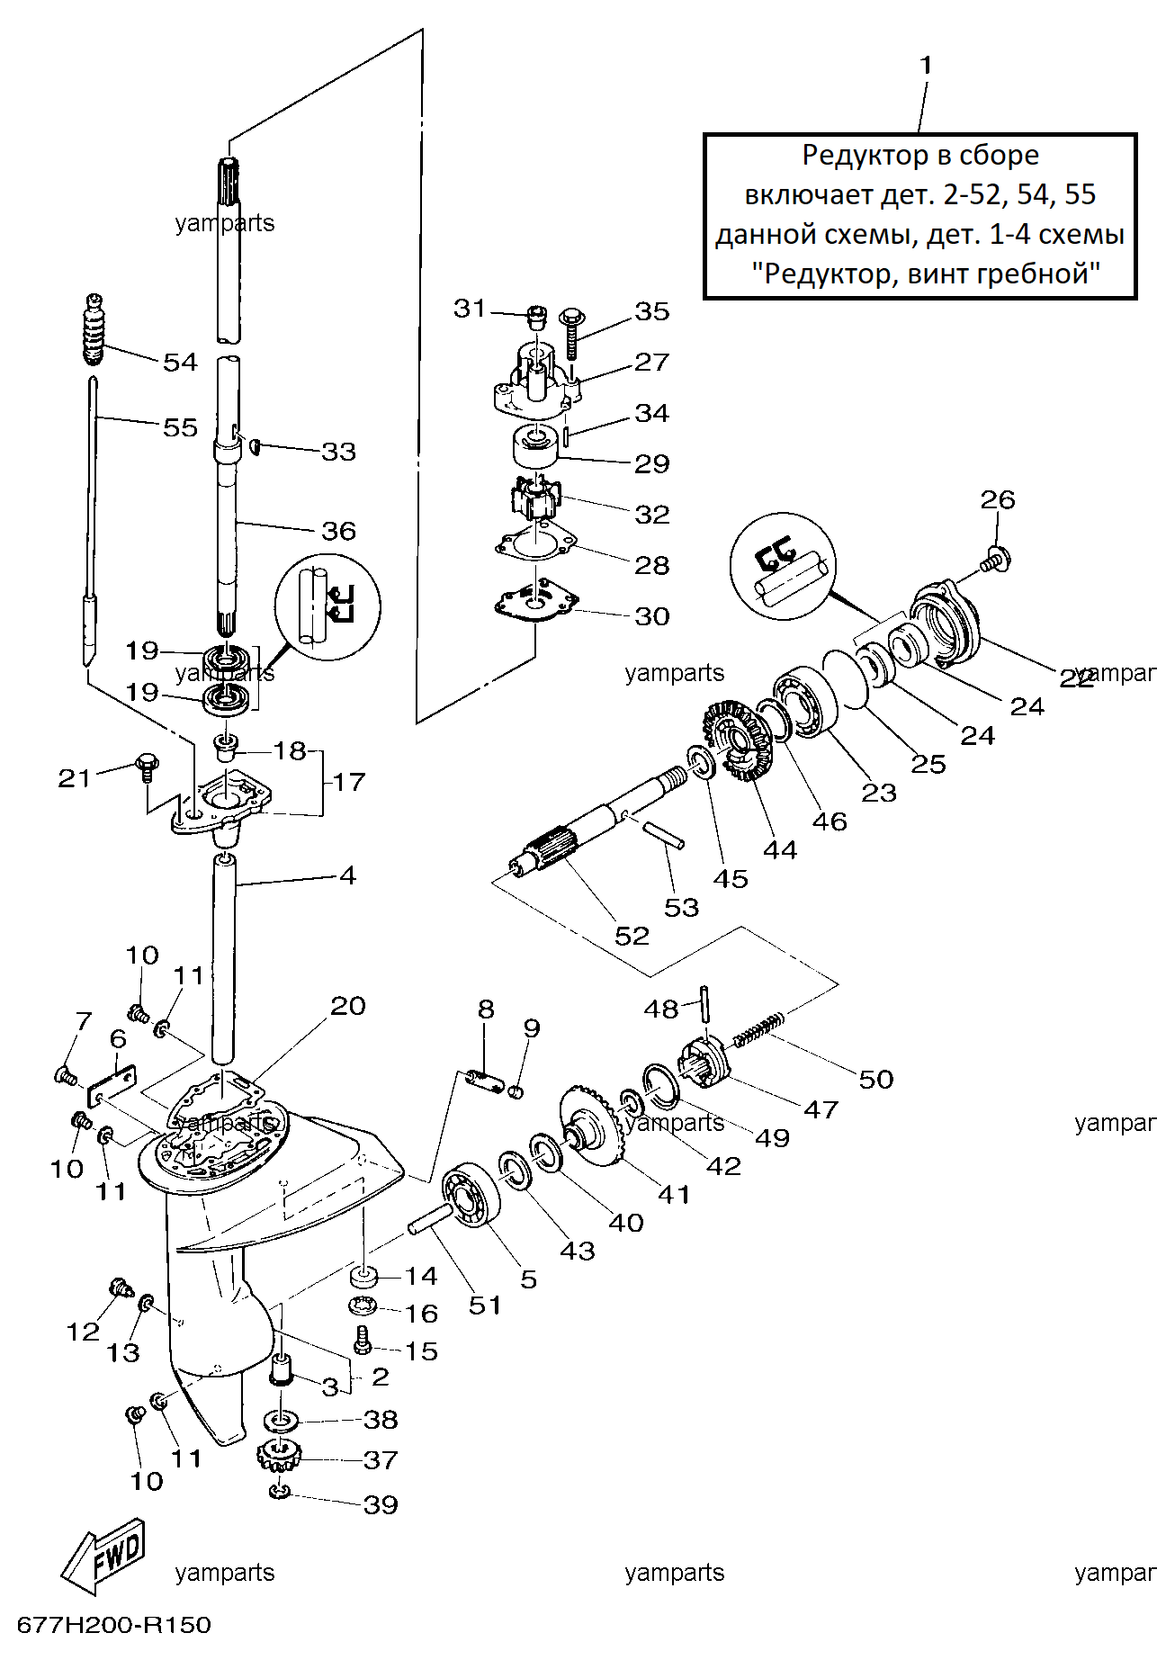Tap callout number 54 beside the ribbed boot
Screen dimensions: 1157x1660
click(180, 362)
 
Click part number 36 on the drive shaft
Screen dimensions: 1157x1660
click(338, 531)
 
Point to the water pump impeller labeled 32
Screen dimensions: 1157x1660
click(536, 499)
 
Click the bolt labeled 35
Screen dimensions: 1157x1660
click(570, 335)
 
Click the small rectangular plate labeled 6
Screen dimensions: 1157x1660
click(112, 1088)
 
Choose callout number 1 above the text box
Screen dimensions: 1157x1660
click(926, 65)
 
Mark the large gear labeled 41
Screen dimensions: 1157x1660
click(592, 1125)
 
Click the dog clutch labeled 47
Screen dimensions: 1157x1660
click(706, 1060)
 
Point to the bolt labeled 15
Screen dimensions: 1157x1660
click(363, 1340)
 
